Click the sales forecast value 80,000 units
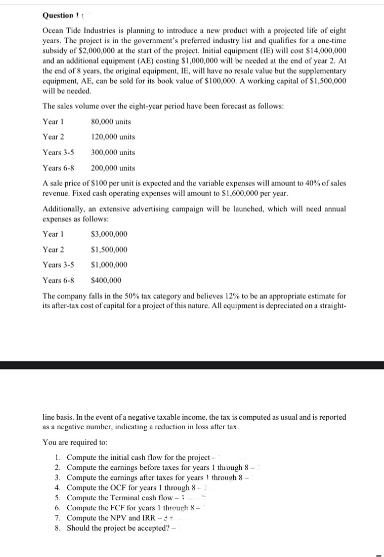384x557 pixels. [x=111, y=121]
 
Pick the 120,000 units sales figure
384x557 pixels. [x=113, y=137]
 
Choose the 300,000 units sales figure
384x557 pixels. [x=113, y=152]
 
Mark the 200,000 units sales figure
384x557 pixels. [x=113, y=168]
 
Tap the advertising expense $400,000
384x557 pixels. [x=106, y=280]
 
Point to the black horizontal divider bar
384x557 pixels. [x=192, y=365]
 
